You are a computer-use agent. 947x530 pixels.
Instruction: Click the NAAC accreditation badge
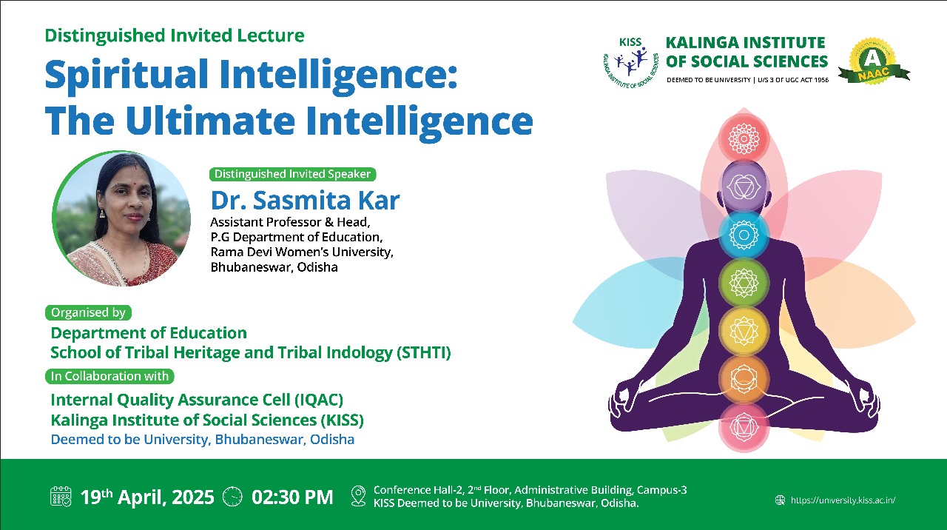[874, 61]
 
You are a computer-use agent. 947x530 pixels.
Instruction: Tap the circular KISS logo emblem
[630, 63]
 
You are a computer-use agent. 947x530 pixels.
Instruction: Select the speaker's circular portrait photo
[121, 218]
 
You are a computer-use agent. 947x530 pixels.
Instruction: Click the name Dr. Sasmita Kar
[305, 200]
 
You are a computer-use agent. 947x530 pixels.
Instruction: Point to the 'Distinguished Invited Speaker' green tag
[292, 174]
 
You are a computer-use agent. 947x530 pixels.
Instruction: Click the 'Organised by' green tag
[88, 312]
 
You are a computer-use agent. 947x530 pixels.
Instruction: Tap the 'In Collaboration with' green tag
[109, 376]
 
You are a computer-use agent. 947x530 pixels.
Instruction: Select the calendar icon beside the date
[61, 497]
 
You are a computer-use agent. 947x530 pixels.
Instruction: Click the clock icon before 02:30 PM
[232, 497]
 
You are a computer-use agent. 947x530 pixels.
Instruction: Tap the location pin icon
[359, 496]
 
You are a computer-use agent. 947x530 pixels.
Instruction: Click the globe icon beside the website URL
[780, 500]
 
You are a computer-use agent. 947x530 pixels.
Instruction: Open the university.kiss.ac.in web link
[843, 500]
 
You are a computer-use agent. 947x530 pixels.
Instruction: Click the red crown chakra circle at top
[744, 138]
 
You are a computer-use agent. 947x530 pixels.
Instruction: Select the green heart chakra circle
[744, 283]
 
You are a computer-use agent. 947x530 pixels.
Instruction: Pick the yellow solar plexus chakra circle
[744, 331]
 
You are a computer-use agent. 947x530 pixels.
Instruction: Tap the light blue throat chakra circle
[744, 235]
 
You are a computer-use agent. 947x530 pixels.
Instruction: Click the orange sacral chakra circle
[744, 378]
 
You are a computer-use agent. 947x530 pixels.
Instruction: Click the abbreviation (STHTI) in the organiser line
[424, 352]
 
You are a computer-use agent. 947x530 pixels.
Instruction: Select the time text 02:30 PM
[292, 497]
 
